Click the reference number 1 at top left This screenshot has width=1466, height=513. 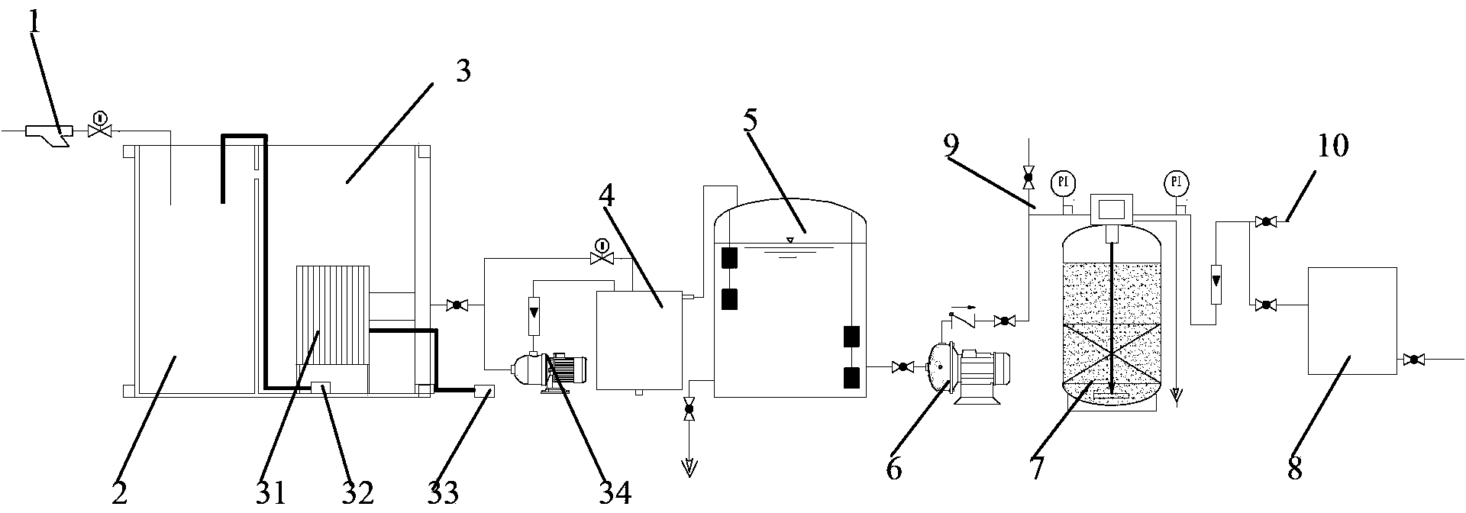pyautogui.click(x=34, y=22)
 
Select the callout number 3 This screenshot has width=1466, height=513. pyautogui.click(x=463, y=72)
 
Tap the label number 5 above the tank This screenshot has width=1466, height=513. pyautogui.click(x=750, y=122)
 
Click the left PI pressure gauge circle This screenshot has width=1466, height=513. pyautogui.click(x=1061, y=182)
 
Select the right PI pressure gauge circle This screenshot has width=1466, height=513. pyautogui.click(x=1177, y=182)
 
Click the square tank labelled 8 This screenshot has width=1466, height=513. pyautogui.click(x=1352, y=321)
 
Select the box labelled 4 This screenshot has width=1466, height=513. pyautogui.click(x=638, y=340)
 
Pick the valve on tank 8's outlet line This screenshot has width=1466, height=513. pyautogui.click(x=1413, y=359)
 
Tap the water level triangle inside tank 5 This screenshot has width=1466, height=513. pyautogui.click(x=790, y=241)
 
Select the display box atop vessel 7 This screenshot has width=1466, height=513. pyautogui.click(x=1112, y=208)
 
